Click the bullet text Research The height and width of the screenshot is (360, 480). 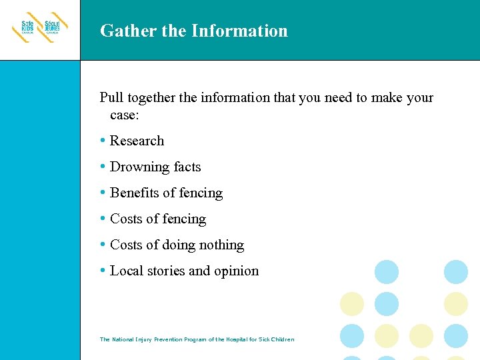(x=137, y=141)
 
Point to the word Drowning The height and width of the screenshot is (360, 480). (x=139, y=167)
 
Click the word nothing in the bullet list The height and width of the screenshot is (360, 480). (x=222, y=245)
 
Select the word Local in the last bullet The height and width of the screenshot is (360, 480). (x=126, y=271)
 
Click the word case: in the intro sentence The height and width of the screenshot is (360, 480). (x=125, y=115)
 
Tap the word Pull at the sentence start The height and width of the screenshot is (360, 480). (x=111, y=98)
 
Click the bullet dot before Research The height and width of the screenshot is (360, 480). (x=102, y=141)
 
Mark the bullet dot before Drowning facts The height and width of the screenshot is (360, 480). (x=102, y=167)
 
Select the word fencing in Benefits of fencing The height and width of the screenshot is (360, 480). (x=201, y=193)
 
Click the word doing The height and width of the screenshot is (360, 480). (x=178, y=245)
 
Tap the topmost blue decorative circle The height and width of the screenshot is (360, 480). (x=387, y=272)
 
